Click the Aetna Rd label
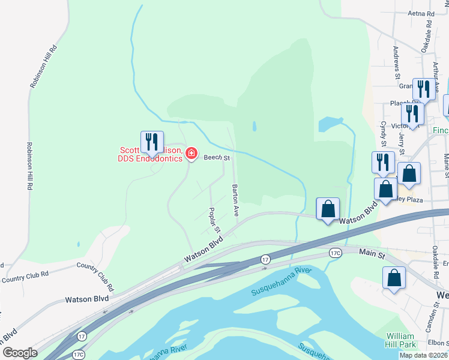point(421,13)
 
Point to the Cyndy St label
point(383,134)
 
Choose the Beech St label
point(217,158)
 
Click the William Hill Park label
point(400,340)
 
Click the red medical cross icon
point(191,154)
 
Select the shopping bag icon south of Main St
point(394,278)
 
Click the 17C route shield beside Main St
point(336,253)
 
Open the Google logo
point(20,353)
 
